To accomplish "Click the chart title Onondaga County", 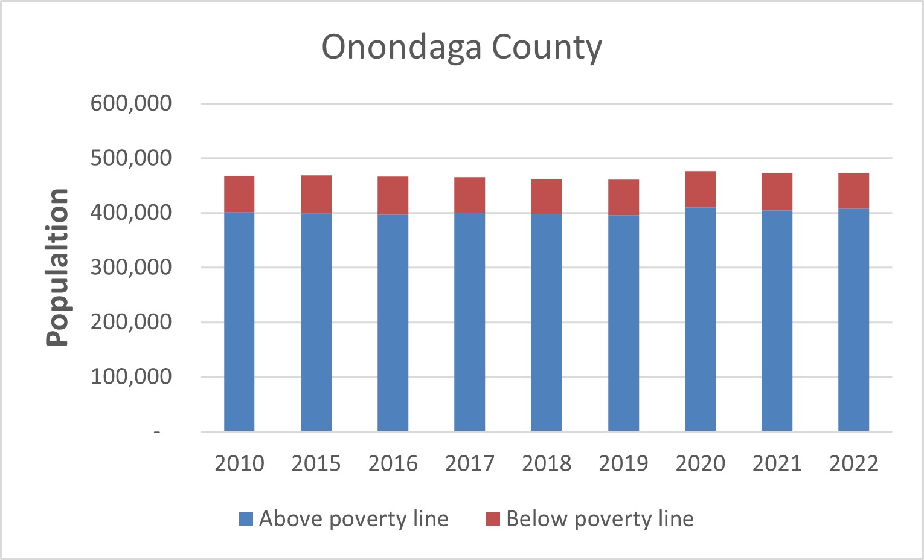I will pos(461,47).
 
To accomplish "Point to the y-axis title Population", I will pos(58,266).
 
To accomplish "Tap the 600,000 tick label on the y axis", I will pos(131,103).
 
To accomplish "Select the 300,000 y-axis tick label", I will pos(131,267).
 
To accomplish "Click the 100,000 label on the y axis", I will pos(131,376).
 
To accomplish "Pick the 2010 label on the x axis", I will pos(239,463).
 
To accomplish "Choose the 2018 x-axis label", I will pos(547,463).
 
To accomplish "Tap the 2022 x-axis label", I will pos(853,463).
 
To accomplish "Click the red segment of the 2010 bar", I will pos(239,194).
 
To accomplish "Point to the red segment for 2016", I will pos(393,196).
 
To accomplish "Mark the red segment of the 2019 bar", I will pos(623,198).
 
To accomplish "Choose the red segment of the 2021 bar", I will pos(777,191).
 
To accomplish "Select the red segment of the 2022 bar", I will pos(853,191).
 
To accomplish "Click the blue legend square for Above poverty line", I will pos(246,519).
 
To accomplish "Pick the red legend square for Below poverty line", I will pos(493,519).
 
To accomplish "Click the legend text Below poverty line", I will pos(600,519).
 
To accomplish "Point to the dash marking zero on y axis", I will pos(157,432).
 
